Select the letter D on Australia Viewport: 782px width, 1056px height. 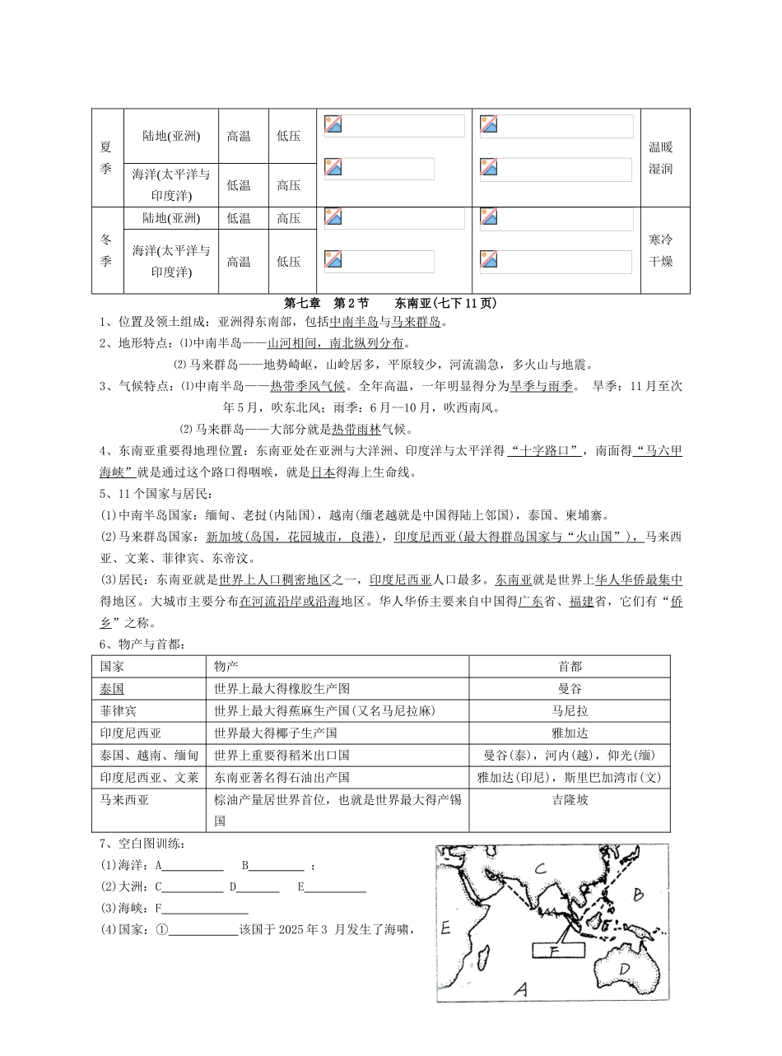pos(625,970)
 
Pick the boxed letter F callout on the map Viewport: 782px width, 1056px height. pos(555,950)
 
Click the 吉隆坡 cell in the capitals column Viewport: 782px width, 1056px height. pos(570,799)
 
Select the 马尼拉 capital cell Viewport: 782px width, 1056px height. pos(570,710)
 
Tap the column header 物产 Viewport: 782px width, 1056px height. pos(226,666)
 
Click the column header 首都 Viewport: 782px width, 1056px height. pos(570,666)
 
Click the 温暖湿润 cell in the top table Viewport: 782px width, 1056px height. pos(661,158)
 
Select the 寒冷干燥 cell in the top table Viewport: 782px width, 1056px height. pos(661,250)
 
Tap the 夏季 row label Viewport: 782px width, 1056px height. pos(106,158)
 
